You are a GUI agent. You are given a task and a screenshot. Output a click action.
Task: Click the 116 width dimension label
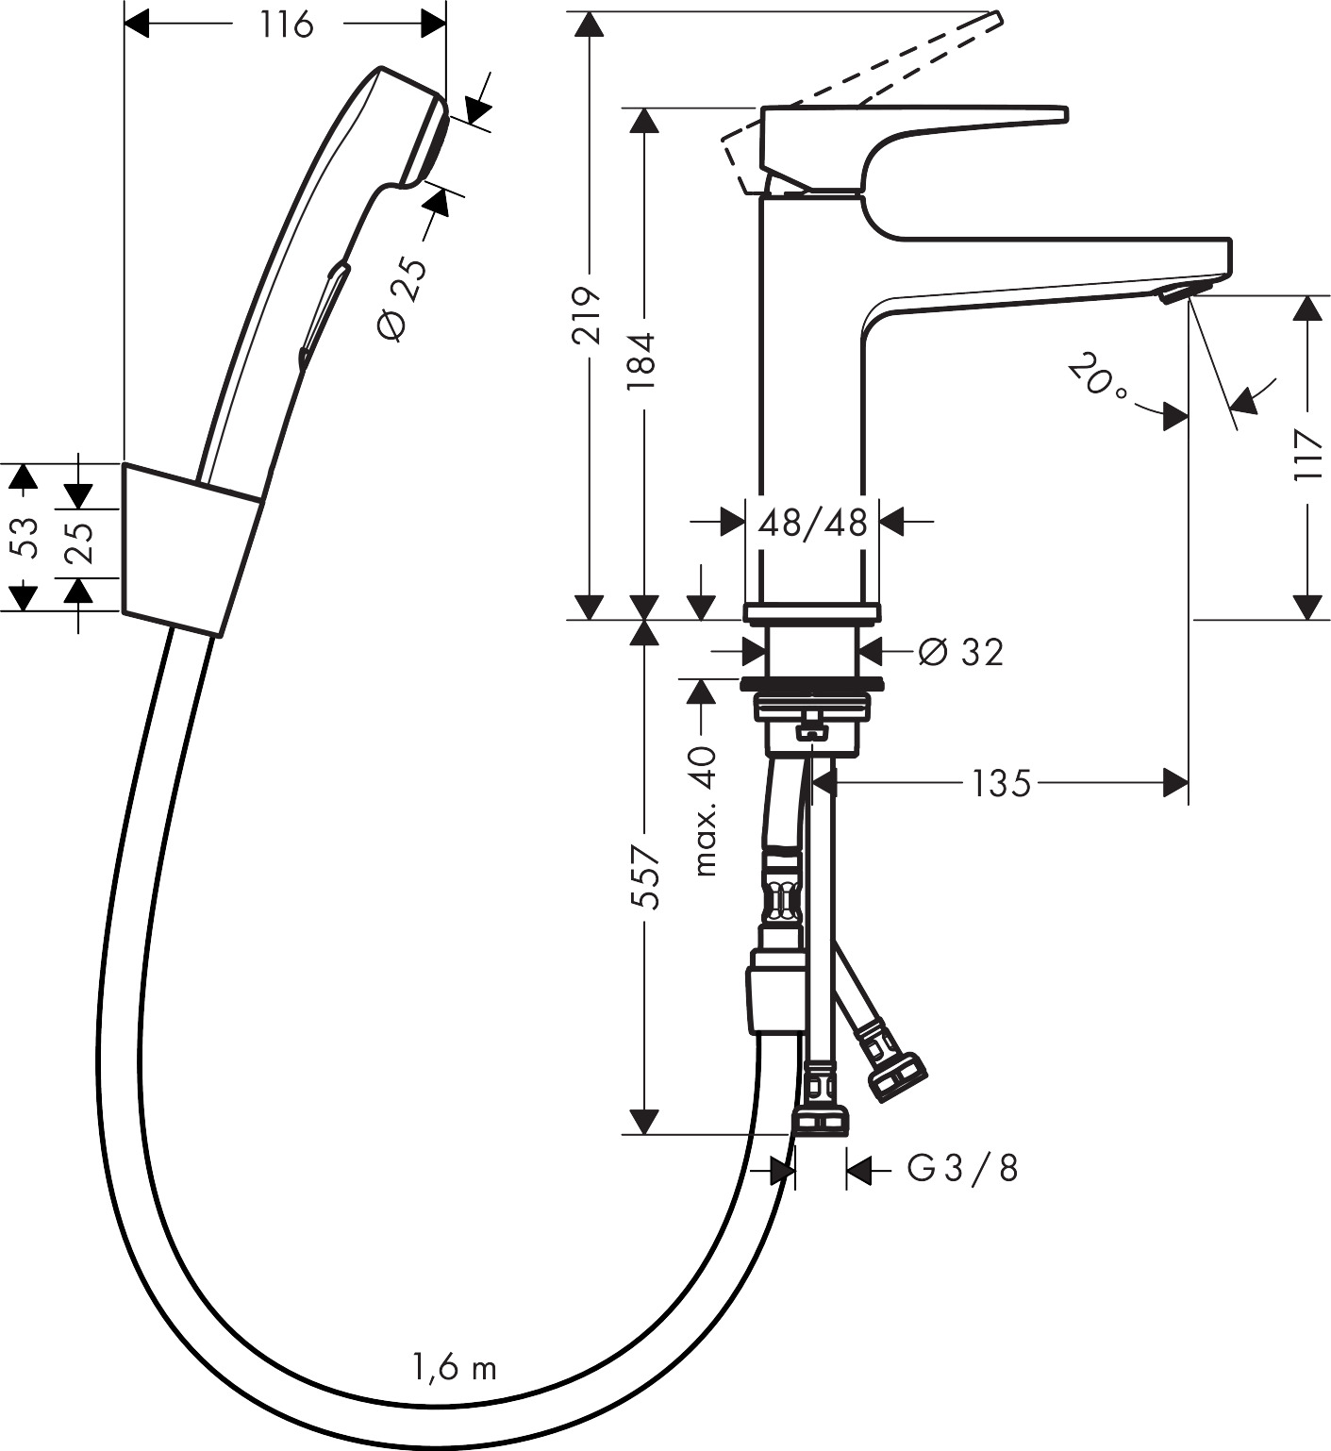tap(286, 25)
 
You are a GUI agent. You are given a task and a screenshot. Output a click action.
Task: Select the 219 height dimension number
tap(589, 315)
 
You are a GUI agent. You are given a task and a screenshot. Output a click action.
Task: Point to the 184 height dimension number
tap(643, 361)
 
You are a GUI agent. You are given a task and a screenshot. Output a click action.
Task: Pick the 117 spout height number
tap(1308, 455)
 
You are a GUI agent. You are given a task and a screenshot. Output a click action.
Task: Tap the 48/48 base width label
tap(812, 521)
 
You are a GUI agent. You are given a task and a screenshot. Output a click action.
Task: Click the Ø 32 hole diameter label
tap(960, 651)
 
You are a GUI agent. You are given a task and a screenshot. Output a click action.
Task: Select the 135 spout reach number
tap(1001, 782)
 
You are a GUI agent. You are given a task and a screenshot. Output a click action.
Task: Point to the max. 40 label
tap(703, 809)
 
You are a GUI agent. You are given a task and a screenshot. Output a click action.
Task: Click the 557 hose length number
tap(644, 876)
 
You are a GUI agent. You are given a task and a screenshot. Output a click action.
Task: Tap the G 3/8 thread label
tap(962, 1168)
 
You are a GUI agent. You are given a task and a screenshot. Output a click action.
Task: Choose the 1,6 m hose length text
tap(454, 1366)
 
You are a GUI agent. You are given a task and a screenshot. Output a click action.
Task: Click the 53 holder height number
tap(25, 537)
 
